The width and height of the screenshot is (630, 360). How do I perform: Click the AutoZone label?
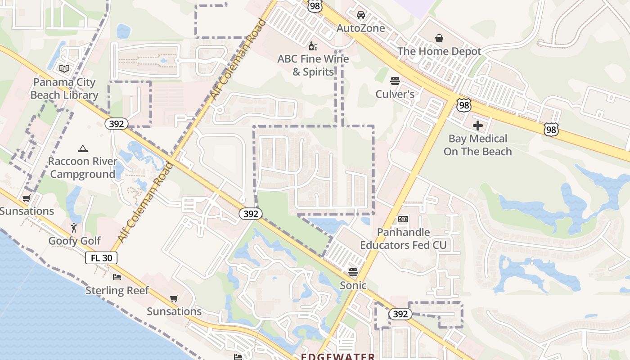coord(361,28)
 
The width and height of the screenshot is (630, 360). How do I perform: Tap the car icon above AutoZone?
coord(361,15)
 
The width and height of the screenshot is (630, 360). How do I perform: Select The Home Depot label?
coord(439,51)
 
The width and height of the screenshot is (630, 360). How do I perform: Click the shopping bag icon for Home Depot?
coord(439,38)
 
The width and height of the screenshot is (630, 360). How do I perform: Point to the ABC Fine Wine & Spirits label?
coord(313,65)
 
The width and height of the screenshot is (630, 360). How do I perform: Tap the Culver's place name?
coord(395,94)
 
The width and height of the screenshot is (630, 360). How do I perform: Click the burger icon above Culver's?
coord(395,81)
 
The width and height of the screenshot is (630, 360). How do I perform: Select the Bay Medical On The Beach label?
coord(478,145)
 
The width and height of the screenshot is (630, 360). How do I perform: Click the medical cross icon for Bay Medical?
coord(478,125)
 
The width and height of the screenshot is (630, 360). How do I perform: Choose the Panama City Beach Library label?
coord(64,89)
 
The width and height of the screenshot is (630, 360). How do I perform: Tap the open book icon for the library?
coord(64,69)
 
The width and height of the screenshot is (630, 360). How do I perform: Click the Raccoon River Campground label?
coord(82,167)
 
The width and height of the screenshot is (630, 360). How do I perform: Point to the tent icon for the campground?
coord(82,148)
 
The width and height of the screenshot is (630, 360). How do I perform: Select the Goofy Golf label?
coord(75,241)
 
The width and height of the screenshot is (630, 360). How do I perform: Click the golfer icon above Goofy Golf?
coord(74,228)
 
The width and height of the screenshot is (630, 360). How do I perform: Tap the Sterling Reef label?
coord(117,290)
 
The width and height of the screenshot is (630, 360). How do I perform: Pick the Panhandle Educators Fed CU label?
coord(403,238)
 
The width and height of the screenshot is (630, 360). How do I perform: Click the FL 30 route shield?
coord(101,258)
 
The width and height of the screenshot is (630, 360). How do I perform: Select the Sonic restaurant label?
coord(353,285)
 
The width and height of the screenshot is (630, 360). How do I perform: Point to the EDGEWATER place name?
coord(338,356)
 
